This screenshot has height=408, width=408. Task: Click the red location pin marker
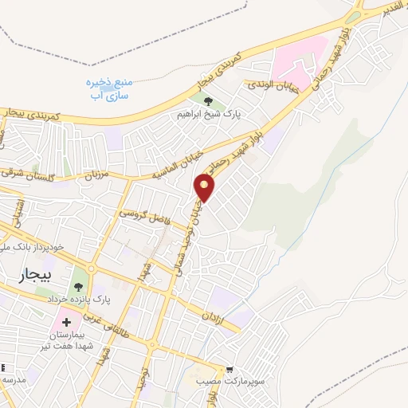click(x=205, y=186)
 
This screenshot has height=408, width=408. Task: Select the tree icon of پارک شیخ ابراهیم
click(x=209, y=101)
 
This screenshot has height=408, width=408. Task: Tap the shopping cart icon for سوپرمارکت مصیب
click(x=229, y=370)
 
